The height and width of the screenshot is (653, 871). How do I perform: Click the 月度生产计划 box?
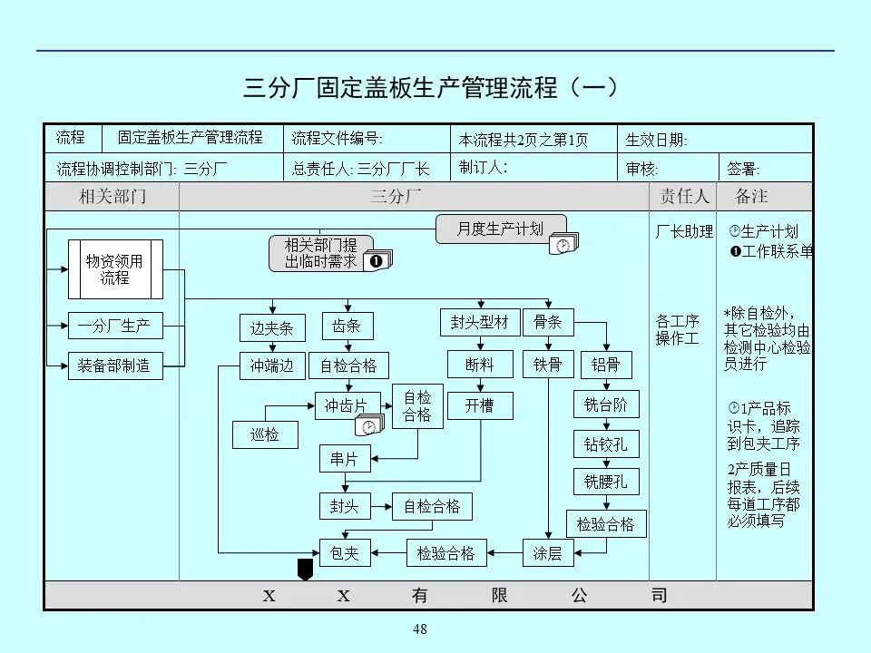coord(500,229)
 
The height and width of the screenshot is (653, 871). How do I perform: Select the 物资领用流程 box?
coord(115,269)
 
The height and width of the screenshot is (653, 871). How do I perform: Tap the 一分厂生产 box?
coord(115,325)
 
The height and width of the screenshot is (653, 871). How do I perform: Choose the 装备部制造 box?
coord(115,366)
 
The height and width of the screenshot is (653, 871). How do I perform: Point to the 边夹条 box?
coord(272,327)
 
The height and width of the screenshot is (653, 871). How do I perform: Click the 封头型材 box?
coord(479,323)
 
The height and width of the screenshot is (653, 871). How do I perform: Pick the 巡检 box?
coord(265,434)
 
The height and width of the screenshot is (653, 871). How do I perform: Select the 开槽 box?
coord(479,405)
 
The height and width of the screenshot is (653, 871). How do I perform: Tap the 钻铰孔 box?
coord(605,443)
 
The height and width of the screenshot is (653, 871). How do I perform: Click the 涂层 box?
coord(547,552)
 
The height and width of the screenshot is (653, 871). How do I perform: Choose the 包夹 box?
coord(345,552)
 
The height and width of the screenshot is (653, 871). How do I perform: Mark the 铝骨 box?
coord(605,365)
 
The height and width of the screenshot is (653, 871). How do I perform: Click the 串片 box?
coord(345,459)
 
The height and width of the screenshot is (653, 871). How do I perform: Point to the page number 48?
coord(419,629)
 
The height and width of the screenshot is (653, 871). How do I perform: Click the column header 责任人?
coord(680,196)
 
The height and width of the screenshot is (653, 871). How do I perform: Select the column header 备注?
coord(751,196)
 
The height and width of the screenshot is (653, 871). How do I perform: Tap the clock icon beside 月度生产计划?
coord(563,245)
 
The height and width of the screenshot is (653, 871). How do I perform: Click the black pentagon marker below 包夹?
coord(306,570)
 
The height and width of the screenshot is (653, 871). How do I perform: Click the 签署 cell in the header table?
coord(744,169)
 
